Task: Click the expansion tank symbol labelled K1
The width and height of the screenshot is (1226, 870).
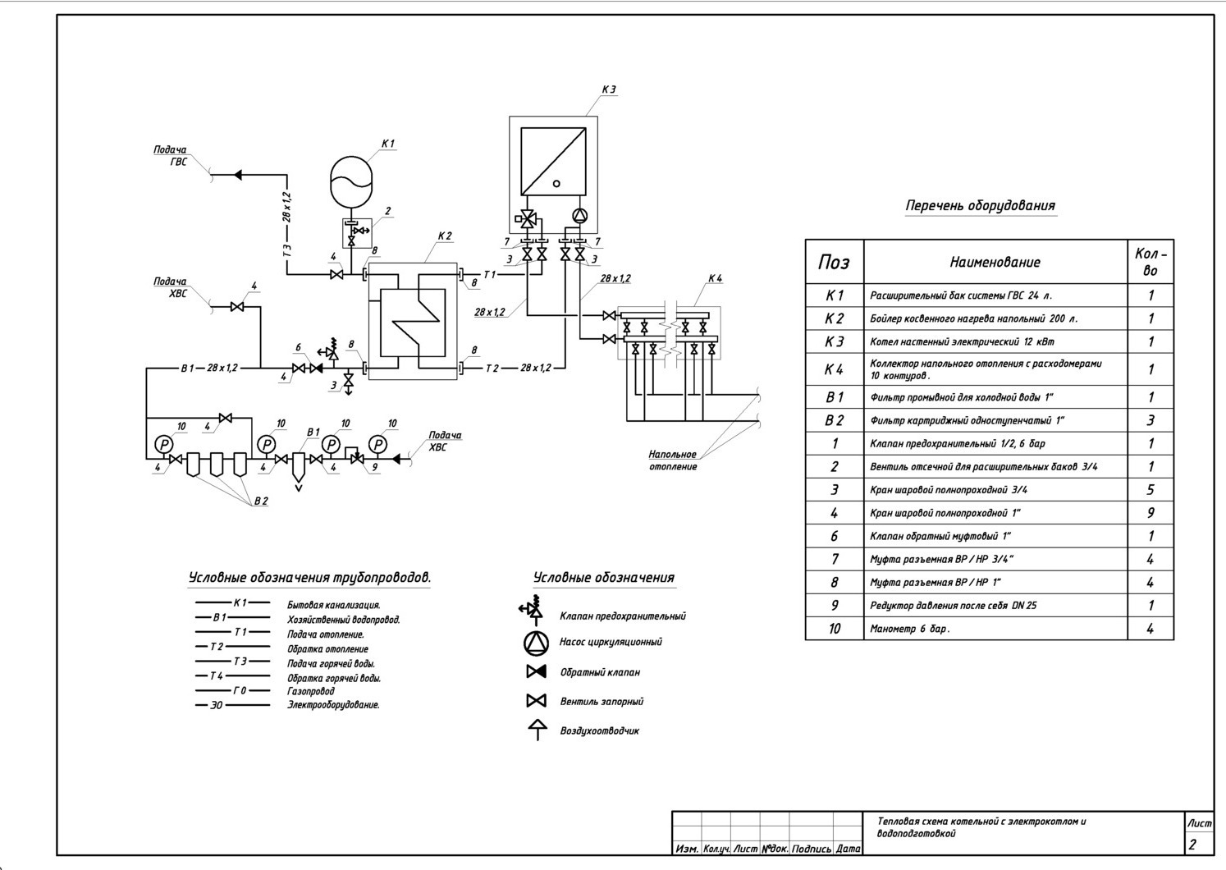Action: click(x=351, y=181)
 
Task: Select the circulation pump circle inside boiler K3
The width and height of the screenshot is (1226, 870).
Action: click(x=579, y=216)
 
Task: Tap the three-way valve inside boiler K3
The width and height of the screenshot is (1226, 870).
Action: click(x=528, y=219)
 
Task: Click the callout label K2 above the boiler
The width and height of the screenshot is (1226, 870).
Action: click(x=445, y=236)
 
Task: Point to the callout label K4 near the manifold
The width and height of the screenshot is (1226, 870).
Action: click(x=715, y=279)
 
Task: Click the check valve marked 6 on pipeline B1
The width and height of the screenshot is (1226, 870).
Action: click(x=316, y=369)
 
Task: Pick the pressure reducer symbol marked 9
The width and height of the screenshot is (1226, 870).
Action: click(x=356, y=456)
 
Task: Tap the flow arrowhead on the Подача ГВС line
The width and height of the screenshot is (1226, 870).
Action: click(x=237, y=175)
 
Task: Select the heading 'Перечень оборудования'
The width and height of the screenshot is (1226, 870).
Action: click(x=980, y=206)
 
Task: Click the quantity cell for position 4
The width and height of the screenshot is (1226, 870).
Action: click(x=1151, y=513)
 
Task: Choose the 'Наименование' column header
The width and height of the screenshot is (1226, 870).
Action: click(x=995, y=263)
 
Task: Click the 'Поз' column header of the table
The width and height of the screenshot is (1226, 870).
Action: click(x=834, y=263)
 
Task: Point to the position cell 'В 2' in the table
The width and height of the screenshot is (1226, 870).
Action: click(x=834, y=420)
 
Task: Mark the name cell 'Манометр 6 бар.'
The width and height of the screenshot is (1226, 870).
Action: click(x=909, y=629)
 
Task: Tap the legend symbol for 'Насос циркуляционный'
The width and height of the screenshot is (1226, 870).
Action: click(x=536, y=643)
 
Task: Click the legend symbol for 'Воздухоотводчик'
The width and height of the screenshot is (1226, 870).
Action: click(x=538, y=730)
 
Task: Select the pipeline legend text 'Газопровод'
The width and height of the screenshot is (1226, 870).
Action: click(x=310, y=692)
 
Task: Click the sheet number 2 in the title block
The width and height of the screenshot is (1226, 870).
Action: click(x=1192, y=845)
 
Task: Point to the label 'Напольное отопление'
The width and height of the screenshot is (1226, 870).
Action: click(x=673, y=460)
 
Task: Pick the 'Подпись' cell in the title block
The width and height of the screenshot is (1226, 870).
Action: click(x=811, y=849)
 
